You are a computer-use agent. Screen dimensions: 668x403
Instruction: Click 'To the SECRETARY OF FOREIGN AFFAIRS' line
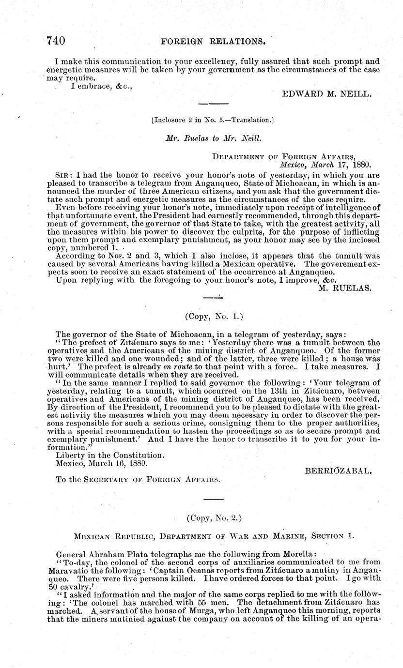(x=138, y=480)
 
